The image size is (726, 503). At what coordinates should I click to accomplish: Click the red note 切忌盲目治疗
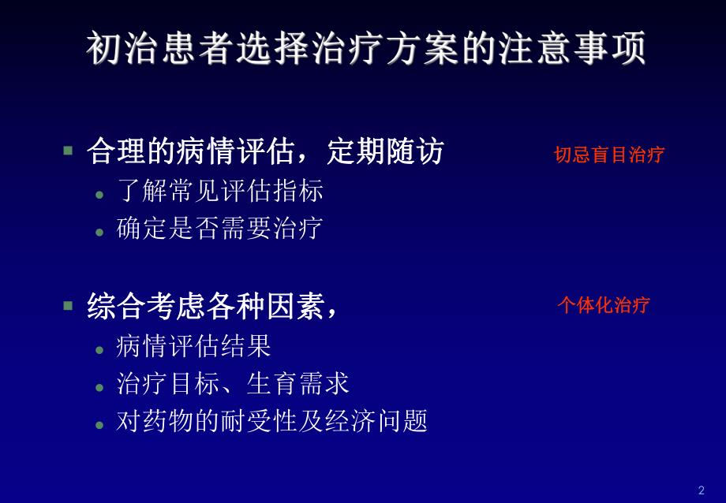coord(608,155)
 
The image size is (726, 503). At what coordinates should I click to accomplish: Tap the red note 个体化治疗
coord(603,305)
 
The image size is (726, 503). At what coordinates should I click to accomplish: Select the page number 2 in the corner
coord(702,490)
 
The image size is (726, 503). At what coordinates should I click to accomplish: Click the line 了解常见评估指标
coord(219,192)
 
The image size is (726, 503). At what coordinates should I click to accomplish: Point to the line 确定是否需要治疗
coord(219,229)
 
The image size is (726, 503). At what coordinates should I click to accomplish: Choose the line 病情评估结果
coord(193,346)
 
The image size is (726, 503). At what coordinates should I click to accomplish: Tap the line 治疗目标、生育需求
coord(233,384)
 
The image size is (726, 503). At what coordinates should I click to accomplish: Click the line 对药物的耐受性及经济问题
coord(272,421)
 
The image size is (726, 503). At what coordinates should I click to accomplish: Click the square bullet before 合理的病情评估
coord(68,149)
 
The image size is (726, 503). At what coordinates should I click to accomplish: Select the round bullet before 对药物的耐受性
coord(99,424)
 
